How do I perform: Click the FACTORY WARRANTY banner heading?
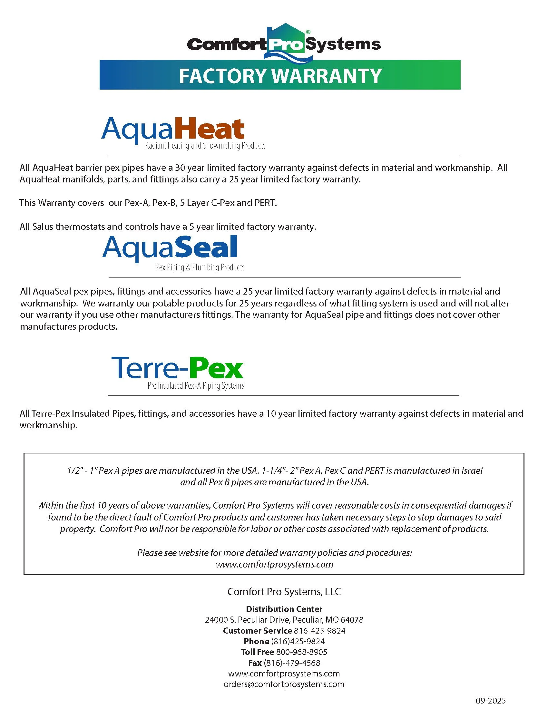coord(280,75)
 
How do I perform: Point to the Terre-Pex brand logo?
coord(177,367)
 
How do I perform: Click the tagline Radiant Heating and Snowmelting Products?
coord(205,145)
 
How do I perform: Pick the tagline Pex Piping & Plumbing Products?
coord(200,267)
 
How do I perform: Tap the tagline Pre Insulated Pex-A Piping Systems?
coord(196,386)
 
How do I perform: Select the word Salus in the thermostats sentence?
coord(43,226)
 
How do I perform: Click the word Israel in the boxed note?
coord(472,471)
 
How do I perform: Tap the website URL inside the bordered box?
coord(274,564)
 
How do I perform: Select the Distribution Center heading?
coord(284,609)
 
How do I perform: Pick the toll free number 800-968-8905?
coord(302,652)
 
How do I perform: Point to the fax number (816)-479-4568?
coord(292,663)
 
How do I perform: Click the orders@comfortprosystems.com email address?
coord(284,684)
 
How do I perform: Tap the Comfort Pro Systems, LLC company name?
coord(284,591)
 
